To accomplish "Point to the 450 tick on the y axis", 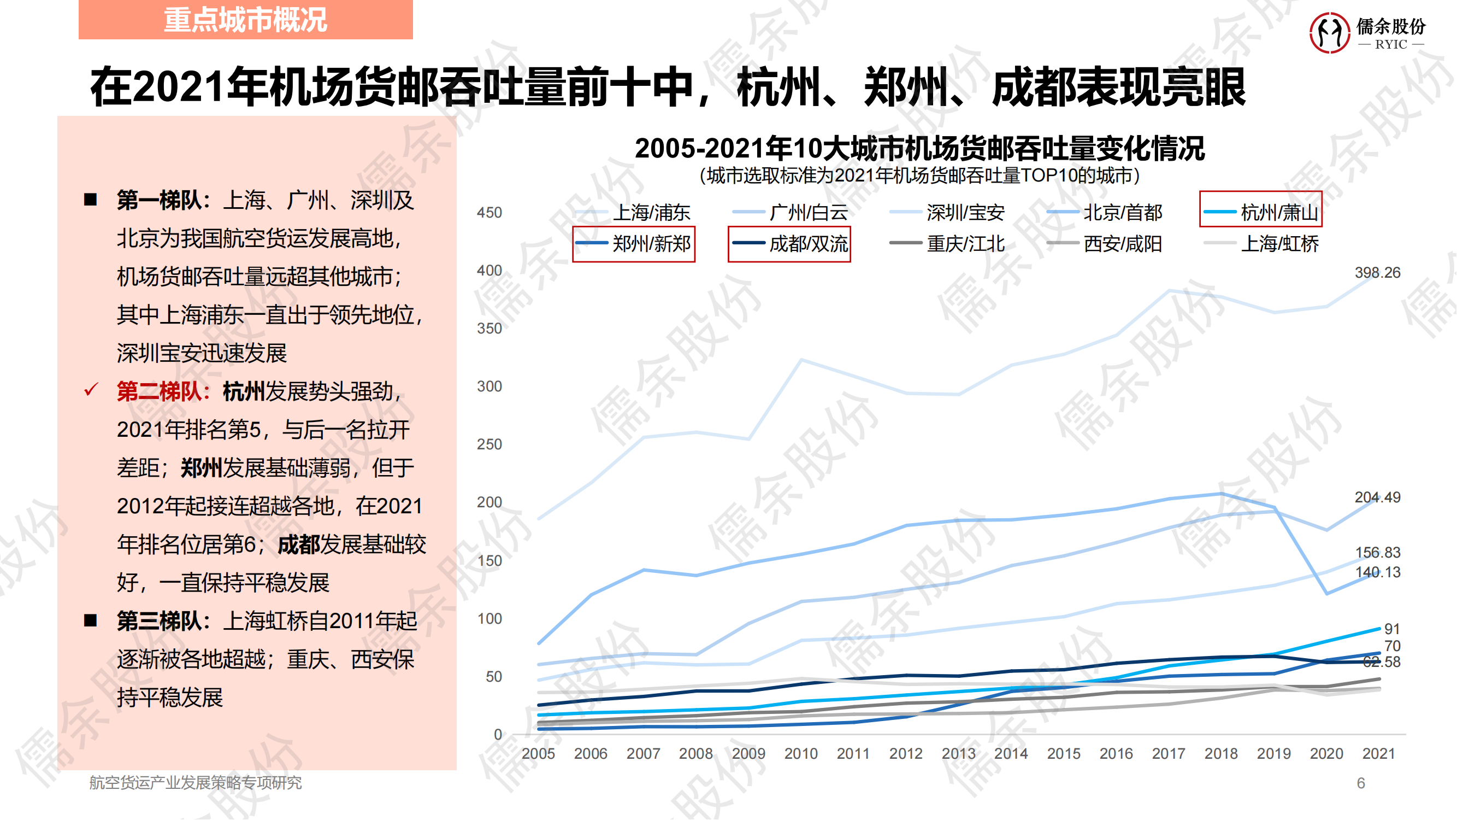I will (x=489, y=213).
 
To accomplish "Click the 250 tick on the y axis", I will (x=489, y=444).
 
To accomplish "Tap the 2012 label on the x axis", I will (x=906, y=754).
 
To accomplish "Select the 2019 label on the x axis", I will (x=1274, y=754).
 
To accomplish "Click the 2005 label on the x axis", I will (x=538, y=754).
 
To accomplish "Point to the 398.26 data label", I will (x=1377, y=273).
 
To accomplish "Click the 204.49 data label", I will (x=1377, y=497).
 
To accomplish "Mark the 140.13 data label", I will (x=1377, y=572).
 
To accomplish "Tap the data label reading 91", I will (x=1391, y=629).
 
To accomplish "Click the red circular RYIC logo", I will (x=1329, y=33).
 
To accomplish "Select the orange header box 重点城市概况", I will (x=245, y=20).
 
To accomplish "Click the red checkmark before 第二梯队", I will (x=91, y=390).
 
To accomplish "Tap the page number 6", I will (x=1361, y=783).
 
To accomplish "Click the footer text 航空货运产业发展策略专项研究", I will (x=195, y=783).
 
